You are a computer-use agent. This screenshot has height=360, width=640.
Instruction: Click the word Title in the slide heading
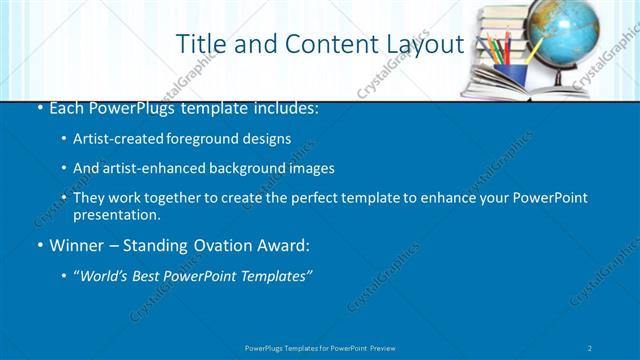click(x=200, y=44)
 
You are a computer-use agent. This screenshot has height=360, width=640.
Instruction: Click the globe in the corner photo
click(x=561, y=34)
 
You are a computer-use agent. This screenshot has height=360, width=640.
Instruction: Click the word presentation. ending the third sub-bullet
click(x=116, y=214)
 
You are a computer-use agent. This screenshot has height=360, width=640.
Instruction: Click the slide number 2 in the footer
click(x=591, y=347)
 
